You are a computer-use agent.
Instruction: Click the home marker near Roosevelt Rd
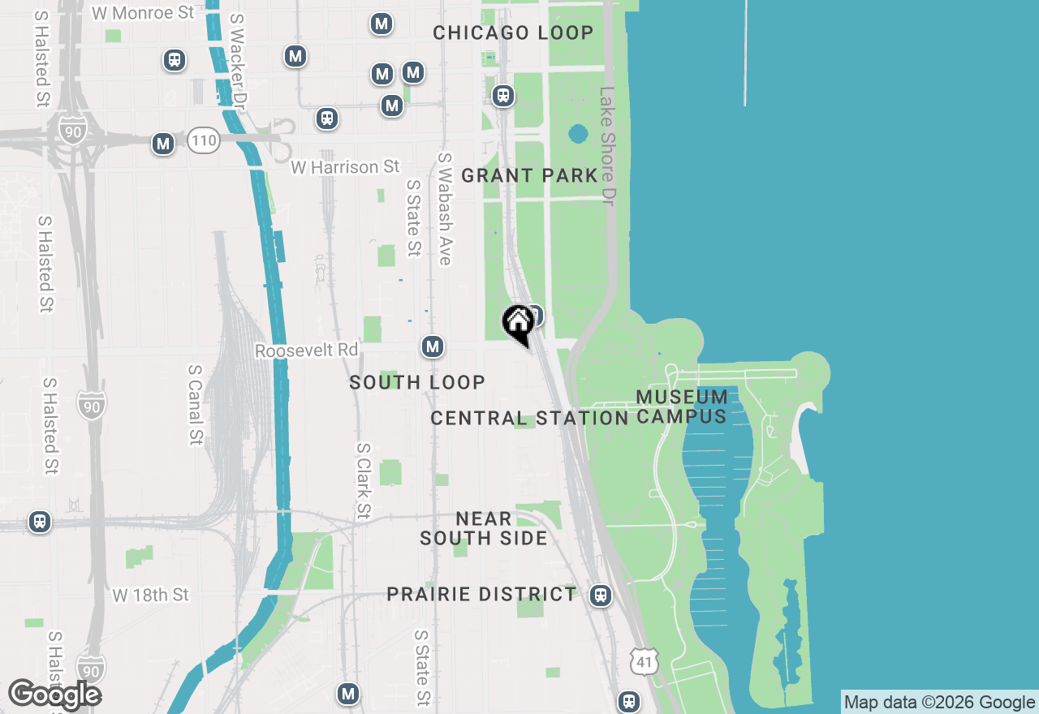pyautogui.click(x=517, y=324)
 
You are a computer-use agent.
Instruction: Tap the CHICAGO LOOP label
pyautogui.click(x=513, y=33)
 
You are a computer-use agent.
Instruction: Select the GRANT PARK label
pyautogui.click(x=529, y=175)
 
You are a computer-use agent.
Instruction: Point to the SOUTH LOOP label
pyautogui.click(x=417, y=382)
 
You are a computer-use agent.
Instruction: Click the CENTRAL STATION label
pyautogui.click(x=529, y=418)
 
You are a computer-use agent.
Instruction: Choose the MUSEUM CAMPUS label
pyautogui.click(x=682, y=406)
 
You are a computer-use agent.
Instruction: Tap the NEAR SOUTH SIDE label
pyautogui.click(x=484, y=528)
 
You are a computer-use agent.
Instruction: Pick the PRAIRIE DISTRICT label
pyautogui.click(x=481, y=594)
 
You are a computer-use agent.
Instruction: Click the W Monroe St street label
pyautogui.click(x=143, y=13)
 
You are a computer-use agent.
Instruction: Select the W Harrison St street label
pyautogui.click(x=346, y=167)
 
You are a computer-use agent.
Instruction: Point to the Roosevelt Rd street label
pyautogui.click(x=306, y=351)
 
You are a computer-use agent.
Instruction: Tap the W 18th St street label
pyautogui.click(x=151, y=596)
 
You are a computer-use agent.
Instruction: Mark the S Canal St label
pyautogui.click(x=195, y=403)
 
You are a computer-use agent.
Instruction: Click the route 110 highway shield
pyautogui.click(x=203, y=140)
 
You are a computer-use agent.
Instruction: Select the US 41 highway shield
pyautogui.click(x=644, y=661)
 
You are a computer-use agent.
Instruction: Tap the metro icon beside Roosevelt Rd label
pyautogui.click(x=433, y=347)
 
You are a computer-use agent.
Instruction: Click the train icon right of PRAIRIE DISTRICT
pyautogui.click(x=601, y=596)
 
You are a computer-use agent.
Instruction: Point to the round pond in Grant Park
pyautogui.click(x=578, y=133)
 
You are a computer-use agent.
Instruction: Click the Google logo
pyautogui.click(x=54, y=695)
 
